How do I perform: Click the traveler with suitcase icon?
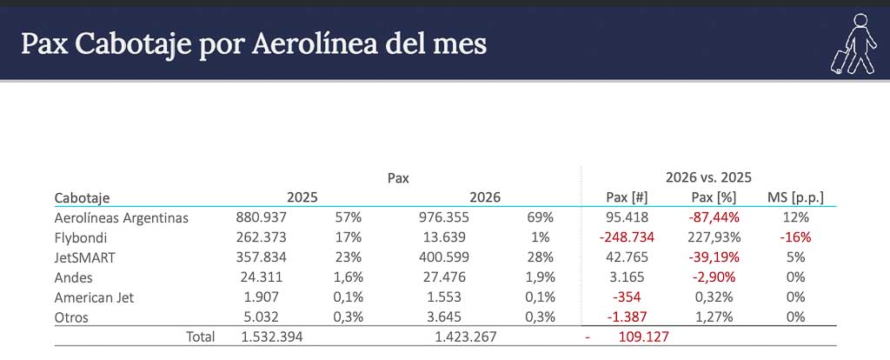point(854,43)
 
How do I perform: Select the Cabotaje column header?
point(82,197)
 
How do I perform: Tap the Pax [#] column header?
point(627,197)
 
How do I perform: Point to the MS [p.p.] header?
point(795,197)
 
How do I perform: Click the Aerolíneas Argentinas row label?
point(121,217)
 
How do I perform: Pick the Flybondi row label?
point(80,237)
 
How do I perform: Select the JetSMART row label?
point(84,257)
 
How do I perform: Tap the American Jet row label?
point(94,297)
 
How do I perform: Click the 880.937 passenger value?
point(262,217)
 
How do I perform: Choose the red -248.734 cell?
point(627,237)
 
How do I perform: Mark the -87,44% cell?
point(714,217)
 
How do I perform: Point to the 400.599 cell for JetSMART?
point(444,257)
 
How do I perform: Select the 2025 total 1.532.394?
point(272,337)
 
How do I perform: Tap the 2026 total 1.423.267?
point(466,337)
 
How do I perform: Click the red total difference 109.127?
point(643,337)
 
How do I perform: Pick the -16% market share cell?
point(795,237)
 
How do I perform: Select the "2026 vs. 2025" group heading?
point(708,177)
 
